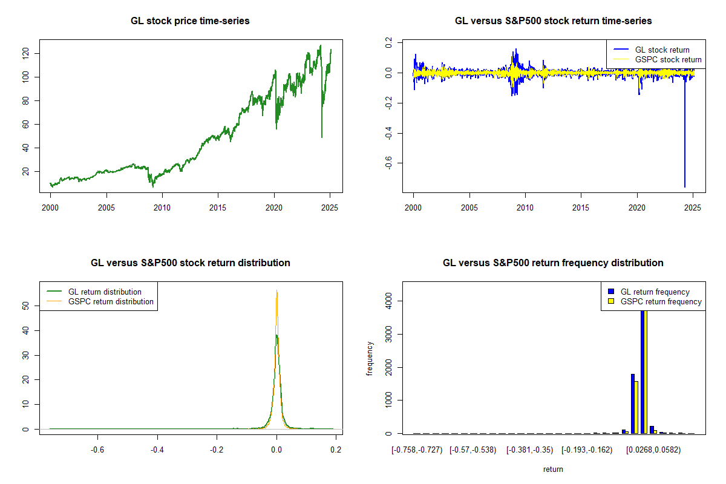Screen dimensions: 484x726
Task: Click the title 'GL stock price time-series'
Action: tap(190, 21)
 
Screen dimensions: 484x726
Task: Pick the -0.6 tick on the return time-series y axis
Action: tap(388, 163)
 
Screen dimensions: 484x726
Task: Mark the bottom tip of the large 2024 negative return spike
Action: tap(685, 187)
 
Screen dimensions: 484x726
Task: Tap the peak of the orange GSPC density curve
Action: tap(276, 290)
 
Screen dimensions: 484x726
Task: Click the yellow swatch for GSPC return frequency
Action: tap(611, 301)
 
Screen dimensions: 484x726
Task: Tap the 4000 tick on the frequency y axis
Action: tap(388, 301)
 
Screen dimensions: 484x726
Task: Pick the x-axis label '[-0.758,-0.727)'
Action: tap(417, 450)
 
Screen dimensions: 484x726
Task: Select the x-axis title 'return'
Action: tap(553, 469)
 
